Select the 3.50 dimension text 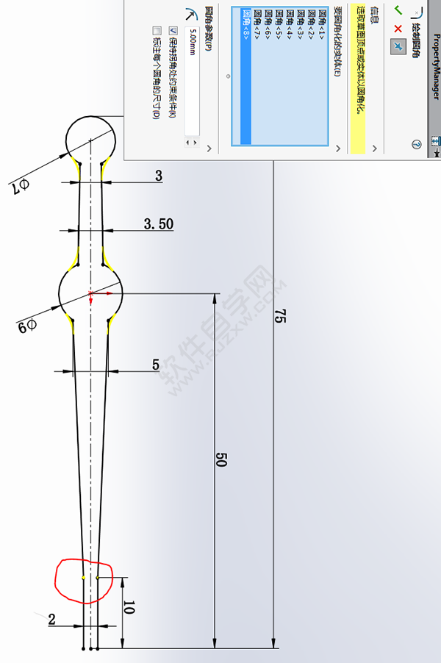pos(158,223)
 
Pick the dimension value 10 pos(129,608)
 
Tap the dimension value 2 pos(52,620)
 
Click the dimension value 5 pos(156,365)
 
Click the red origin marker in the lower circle pos(91,295)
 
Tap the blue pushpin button pos(398,46)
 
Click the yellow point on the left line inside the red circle pos(84,578)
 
